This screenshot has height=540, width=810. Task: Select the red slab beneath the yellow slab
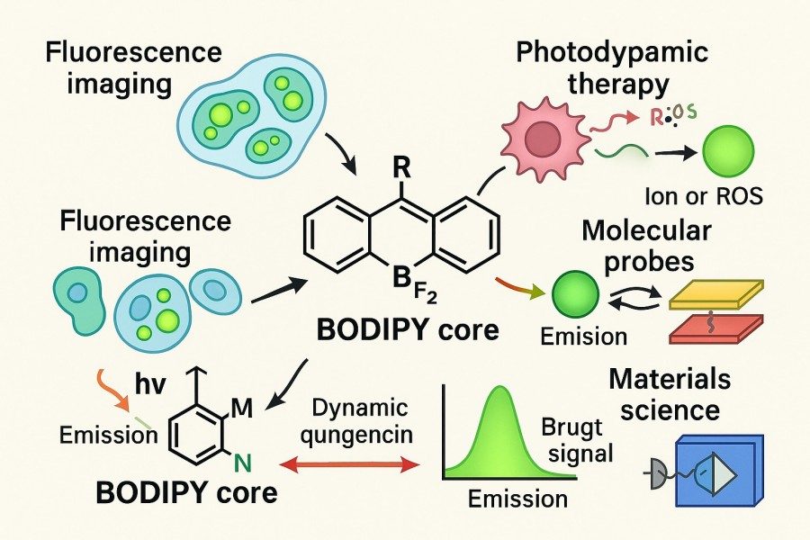tap(717, 328)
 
